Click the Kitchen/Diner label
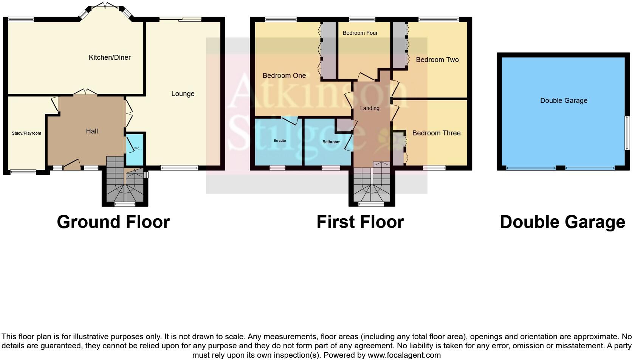[110, 57]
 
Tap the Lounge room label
[183, 94]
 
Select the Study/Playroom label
[26, 133]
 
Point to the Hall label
[92, 131]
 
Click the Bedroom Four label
[360, 33]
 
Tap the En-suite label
[280, 141]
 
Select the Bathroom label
[331, 142]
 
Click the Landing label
[369, 108]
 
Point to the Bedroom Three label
[436, 133]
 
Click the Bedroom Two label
[437, 60]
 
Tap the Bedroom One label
[284, 76]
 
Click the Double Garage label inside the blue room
[563, 101]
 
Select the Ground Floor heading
[113, 222]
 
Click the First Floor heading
[360, 222]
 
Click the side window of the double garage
[627, 133]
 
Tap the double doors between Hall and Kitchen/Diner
[85, 92]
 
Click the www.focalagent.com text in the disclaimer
[404, 355]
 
